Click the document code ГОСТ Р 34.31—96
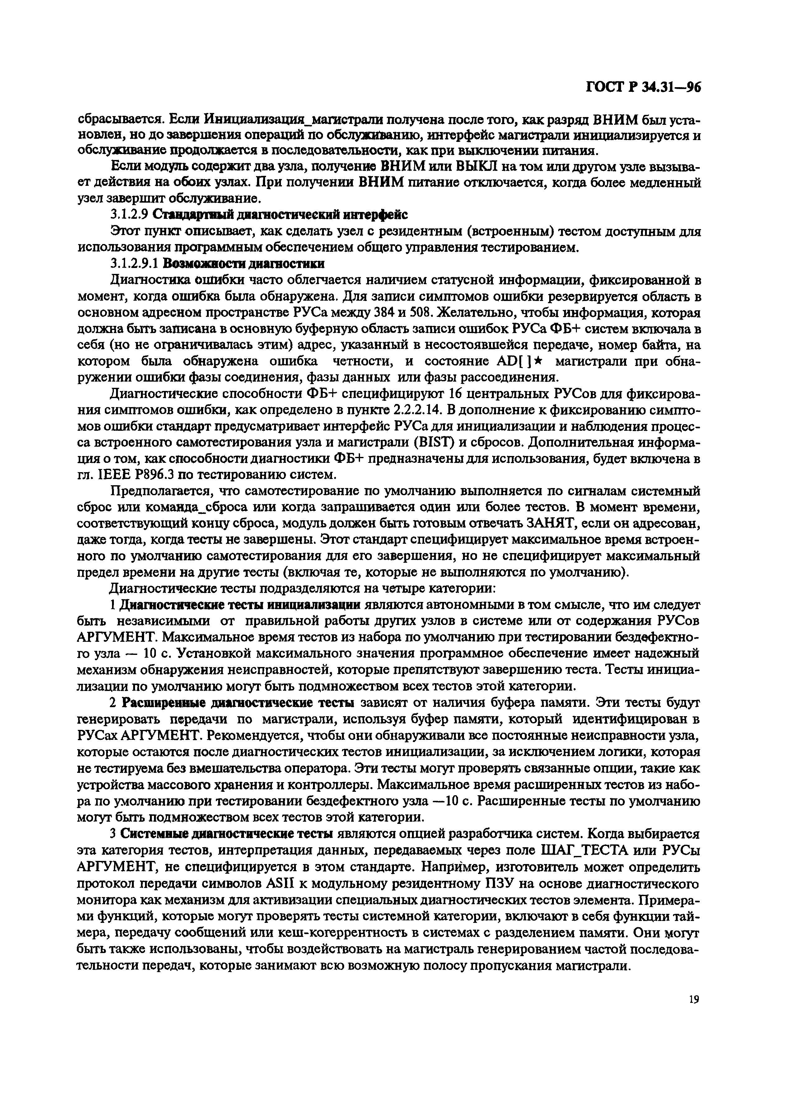coord(643,87)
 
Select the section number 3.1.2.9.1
coord(134,264)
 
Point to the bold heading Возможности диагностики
coord(244,264)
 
